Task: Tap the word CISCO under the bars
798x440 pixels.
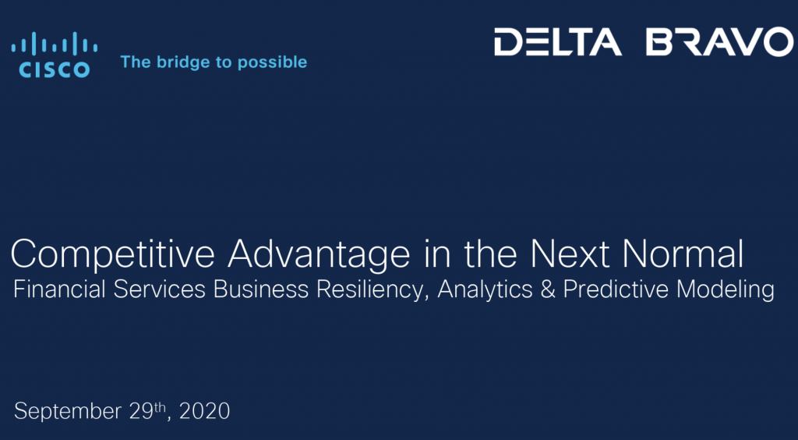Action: [x=55, y=69]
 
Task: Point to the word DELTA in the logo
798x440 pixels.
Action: [x=558, y=42]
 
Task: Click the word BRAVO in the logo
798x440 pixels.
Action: [x=719, y=42]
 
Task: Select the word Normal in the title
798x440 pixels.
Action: [x=683, y=254]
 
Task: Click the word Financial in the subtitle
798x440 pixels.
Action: [x=60, y=289]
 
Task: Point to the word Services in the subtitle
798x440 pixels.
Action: [x=160, y=289]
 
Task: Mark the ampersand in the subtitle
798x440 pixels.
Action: [x=549, y=289]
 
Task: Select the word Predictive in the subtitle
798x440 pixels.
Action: [x=616, y=289]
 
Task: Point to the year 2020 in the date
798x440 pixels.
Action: [x=205, y=411]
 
